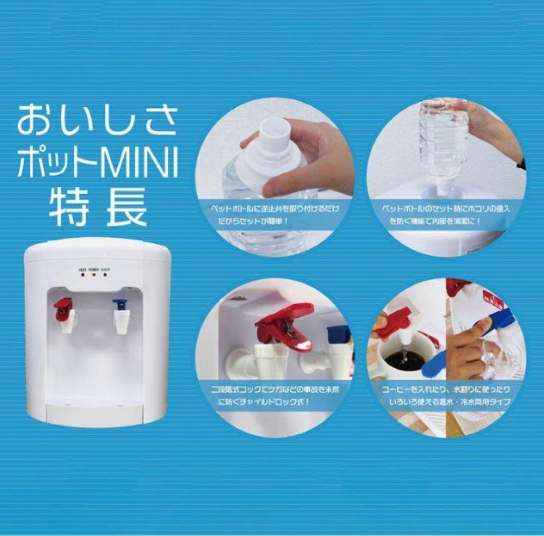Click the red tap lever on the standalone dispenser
[x=63, y=305]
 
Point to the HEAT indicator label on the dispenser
[x=83, y=270]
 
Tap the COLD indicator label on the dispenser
[x=105, y=270]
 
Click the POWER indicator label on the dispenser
[x=94, y=270]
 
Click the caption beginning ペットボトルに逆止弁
[x=275, y=214]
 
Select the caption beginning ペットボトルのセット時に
[x=446, y=214]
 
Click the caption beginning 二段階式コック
[x=275, y=396]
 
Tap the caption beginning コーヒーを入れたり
[x=446, y=396]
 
